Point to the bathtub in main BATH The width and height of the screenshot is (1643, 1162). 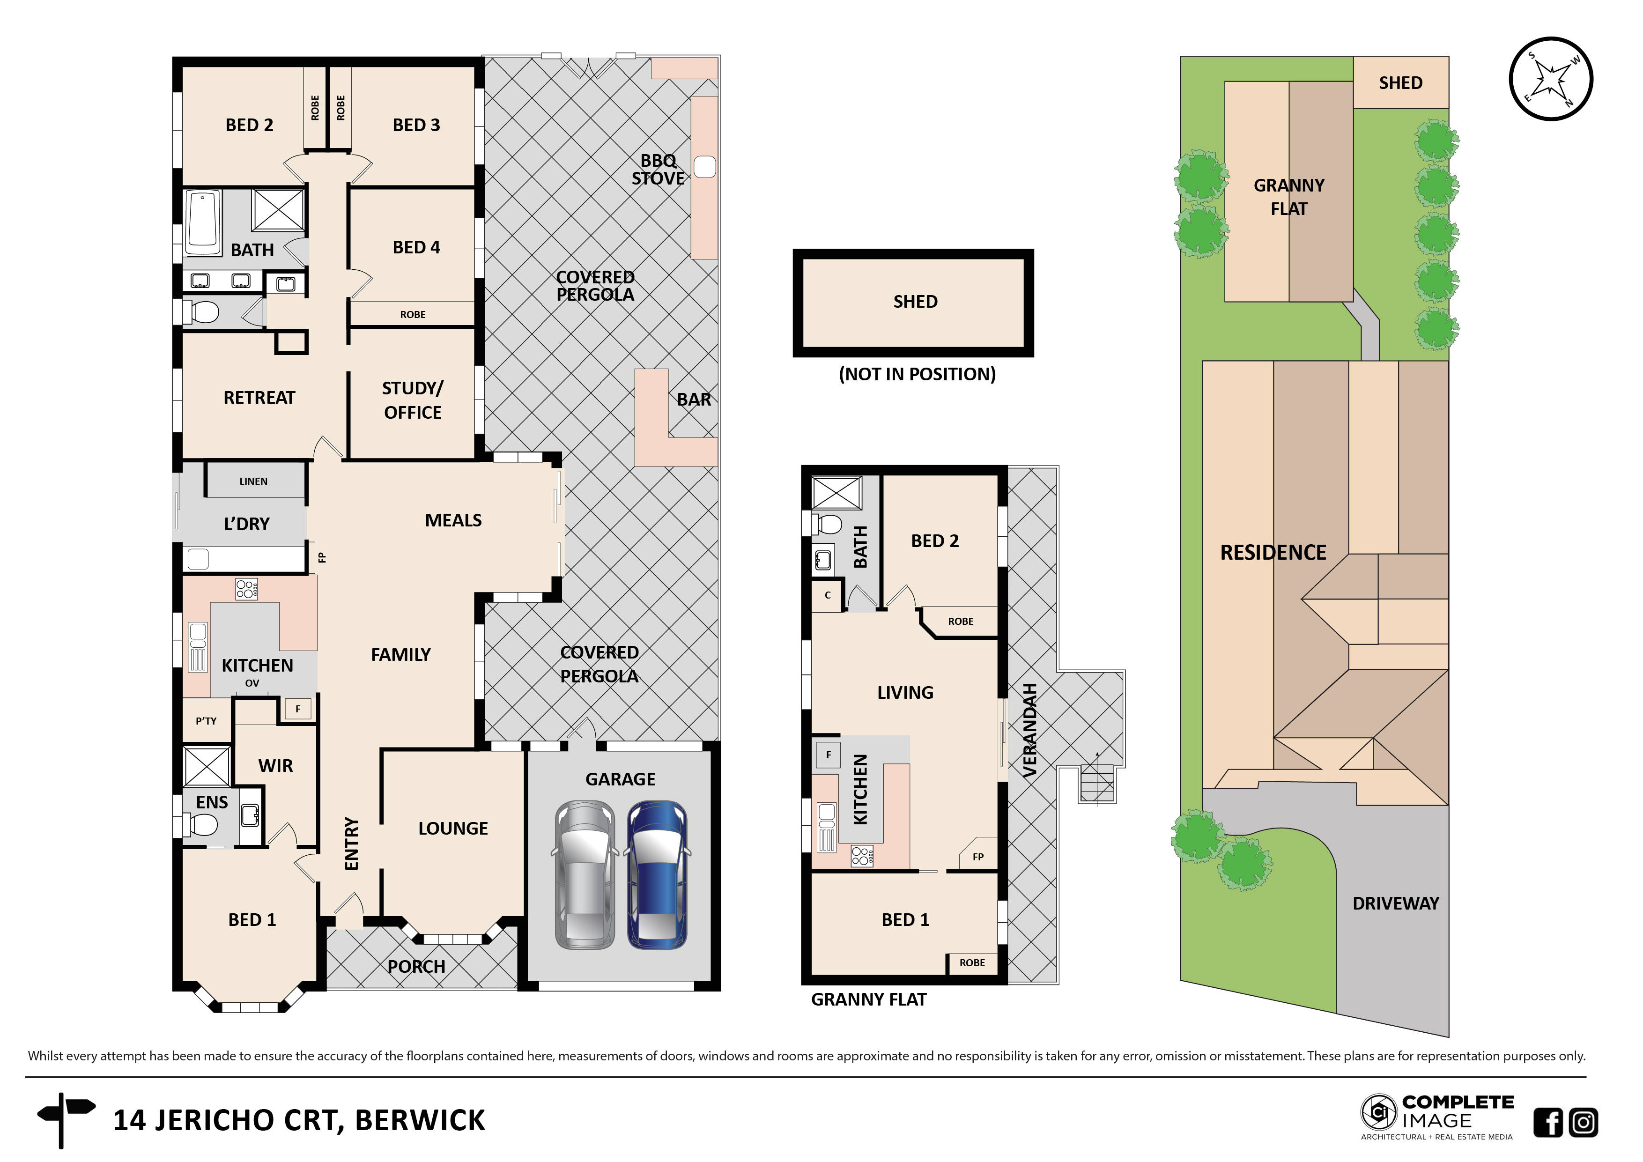203,222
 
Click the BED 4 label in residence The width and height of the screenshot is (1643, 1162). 416,248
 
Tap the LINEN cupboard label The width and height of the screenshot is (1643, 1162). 253,481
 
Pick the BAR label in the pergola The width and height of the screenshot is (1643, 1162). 694,400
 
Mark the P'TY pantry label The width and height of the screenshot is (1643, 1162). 206,721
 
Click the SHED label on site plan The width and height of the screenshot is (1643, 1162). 1400,83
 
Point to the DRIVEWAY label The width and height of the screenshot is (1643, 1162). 1395,903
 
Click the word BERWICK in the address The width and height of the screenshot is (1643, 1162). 420,1120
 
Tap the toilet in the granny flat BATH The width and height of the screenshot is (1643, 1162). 827,525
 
